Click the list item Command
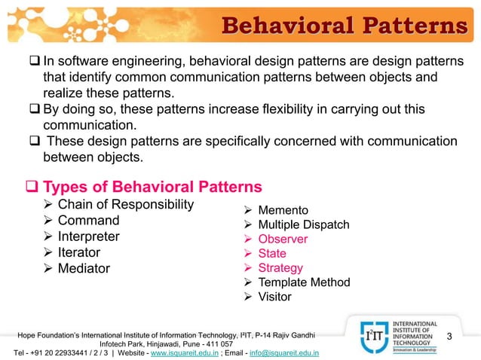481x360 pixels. (88, 221)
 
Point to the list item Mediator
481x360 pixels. (84, 268)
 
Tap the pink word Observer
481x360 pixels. (283, 239)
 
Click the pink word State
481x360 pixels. (272, 254)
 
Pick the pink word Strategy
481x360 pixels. (280, 268)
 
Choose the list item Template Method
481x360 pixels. (304, 282)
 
